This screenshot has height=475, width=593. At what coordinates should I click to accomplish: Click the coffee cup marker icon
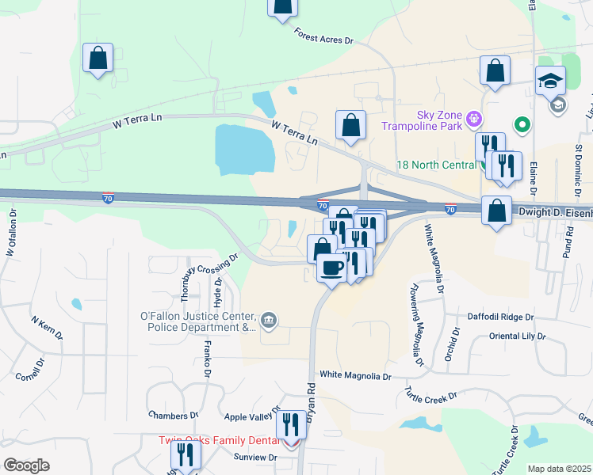tap(332, 267)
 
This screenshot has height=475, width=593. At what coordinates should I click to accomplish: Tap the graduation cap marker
tap(550, 81)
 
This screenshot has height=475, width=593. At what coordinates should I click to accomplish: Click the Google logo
tap(26, 465)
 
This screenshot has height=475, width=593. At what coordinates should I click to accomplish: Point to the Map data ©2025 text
tap(558, 469)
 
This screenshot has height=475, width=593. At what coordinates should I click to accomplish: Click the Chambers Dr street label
tap(173, 415)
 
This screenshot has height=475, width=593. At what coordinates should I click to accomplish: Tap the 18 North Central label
tap(438, 165)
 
